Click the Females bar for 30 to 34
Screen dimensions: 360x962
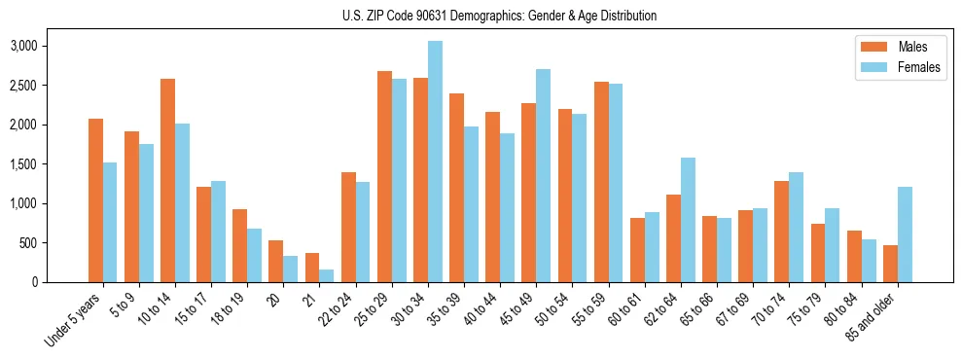435,162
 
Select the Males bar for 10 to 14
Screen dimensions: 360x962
167,181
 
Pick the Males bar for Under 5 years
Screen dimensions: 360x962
95,200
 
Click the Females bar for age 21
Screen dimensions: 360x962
327,275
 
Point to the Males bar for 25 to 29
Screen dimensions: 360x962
384,176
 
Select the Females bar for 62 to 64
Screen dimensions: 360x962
688,220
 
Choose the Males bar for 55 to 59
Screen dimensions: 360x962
601,182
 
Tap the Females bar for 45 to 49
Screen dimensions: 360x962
543,175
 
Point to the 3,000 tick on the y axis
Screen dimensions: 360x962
51,46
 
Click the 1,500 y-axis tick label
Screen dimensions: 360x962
51,164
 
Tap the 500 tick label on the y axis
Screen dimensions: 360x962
58,243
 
